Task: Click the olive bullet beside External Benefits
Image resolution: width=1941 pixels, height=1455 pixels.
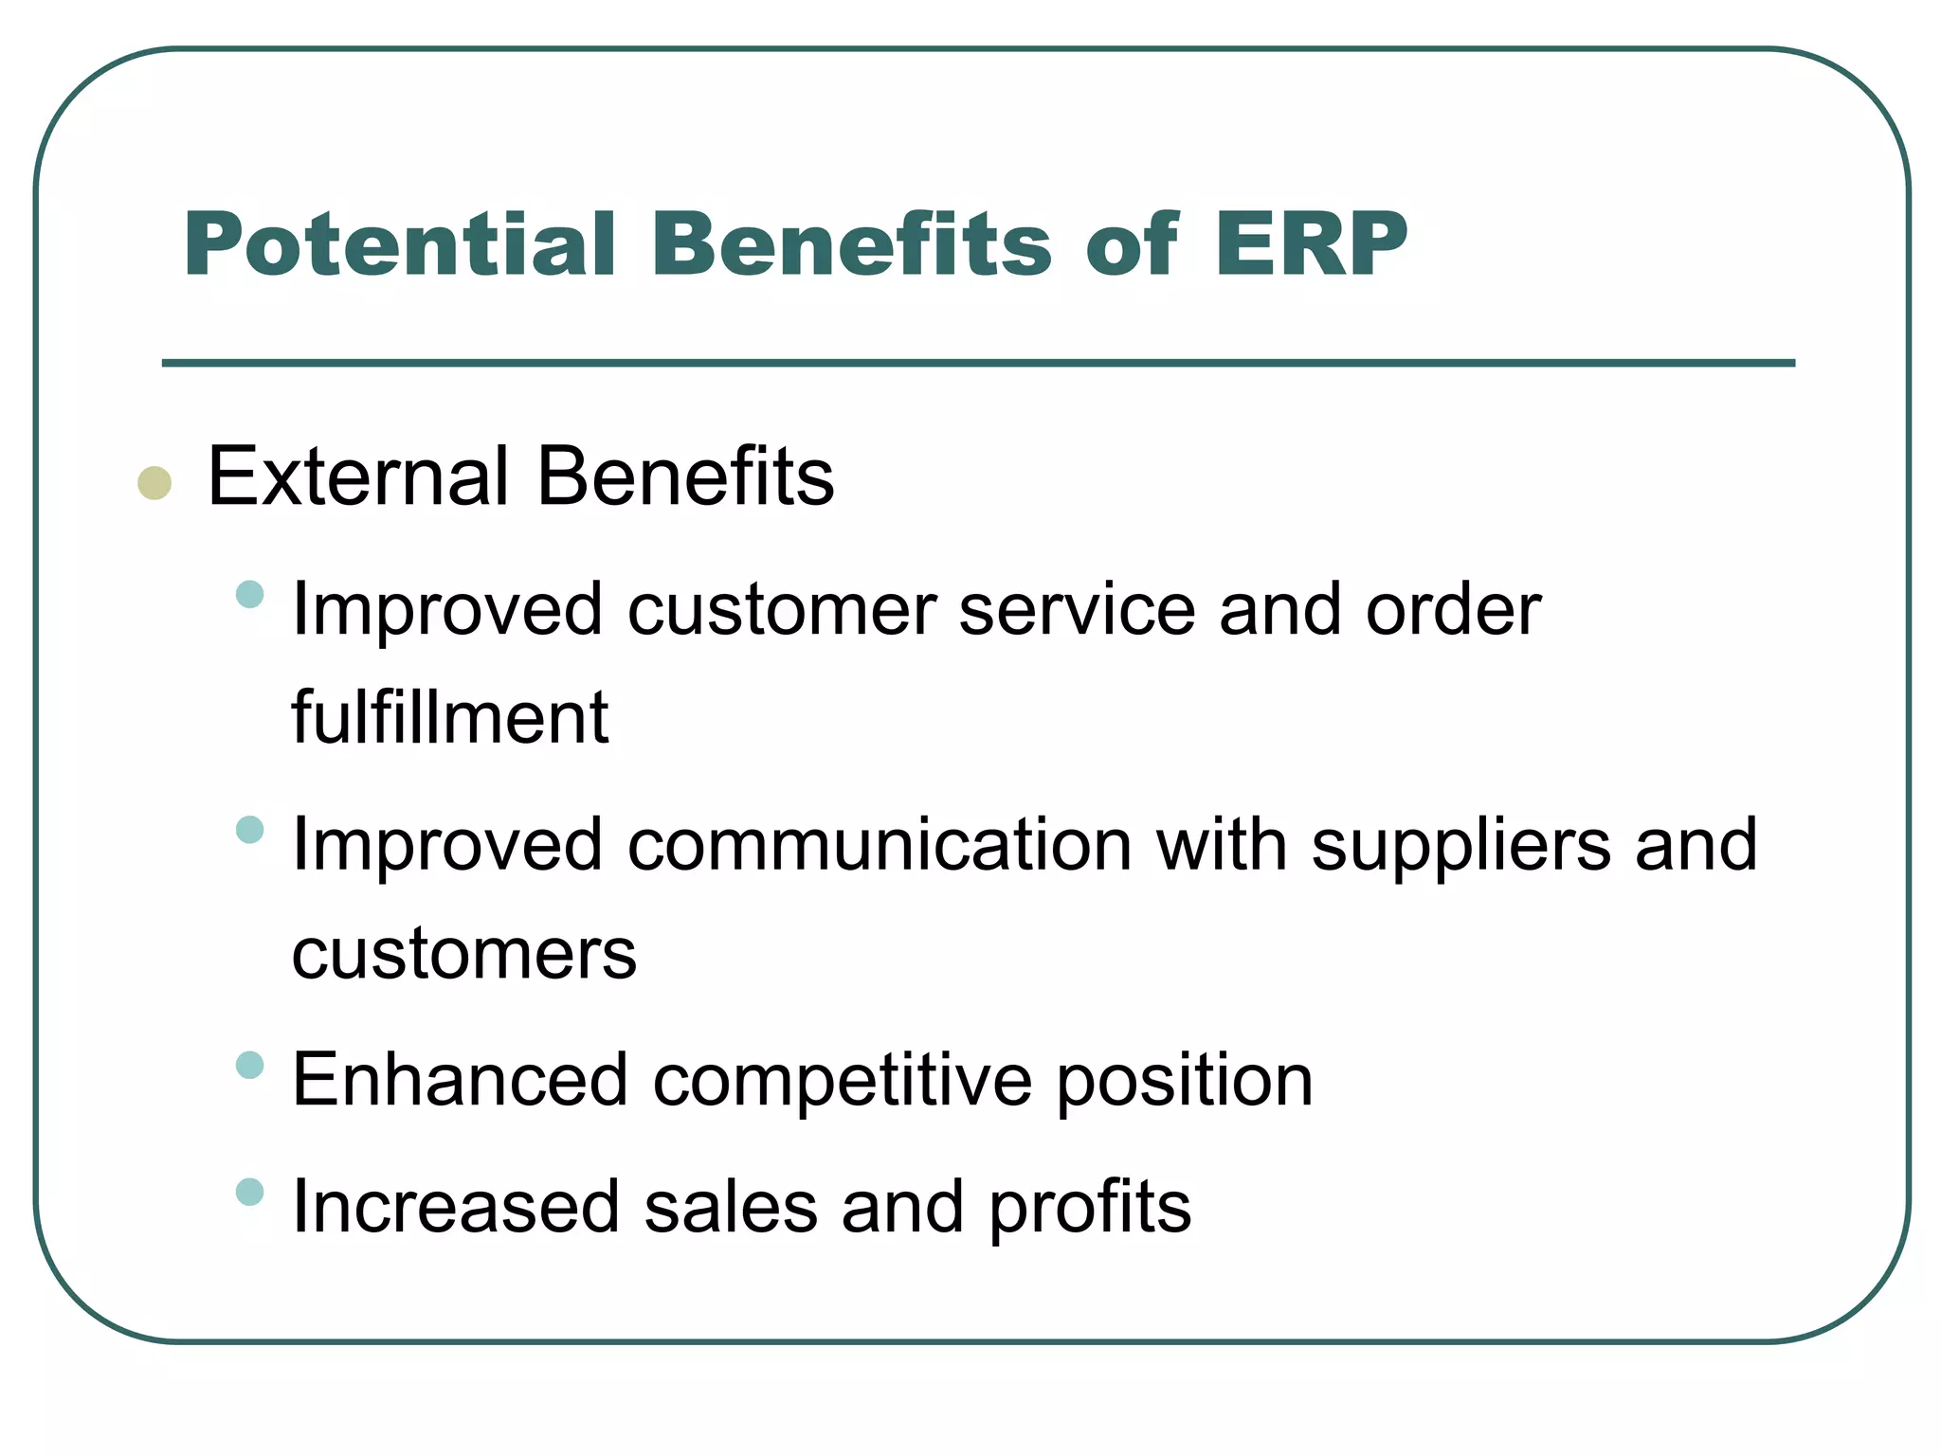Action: (154, 483)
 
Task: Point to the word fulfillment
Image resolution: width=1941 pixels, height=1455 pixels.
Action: (449, 717)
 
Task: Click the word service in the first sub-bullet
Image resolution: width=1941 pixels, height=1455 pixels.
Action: (1078, 609)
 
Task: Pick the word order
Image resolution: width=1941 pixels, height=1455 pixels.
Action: (1453, 609)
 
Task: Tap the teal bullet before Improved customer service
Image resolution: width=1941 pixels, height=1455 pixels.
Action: (249, 595)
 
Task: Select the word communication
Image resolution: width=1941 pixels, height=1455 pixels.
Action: (880, 844)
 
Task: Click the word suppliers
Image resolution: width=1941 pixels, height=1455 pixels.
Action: (1460, 846)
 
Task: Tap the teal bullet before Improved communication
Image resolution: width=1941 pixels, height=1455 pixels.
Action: (249, 830)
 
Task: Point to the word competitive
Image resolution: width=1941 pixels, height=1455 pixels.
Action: (843, 1081)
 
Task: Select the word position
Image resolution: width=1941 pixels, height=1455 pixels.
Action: (1185, 1081)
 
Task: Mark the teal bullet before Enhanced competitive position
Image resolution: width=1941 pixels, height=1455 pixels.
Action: (249, 1065)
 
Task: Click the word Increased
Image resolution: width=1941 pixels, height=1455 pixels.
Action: (456, 1207)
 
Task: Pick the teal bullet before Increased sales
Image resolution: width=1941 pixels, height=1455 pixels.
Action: (249, 1192)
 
